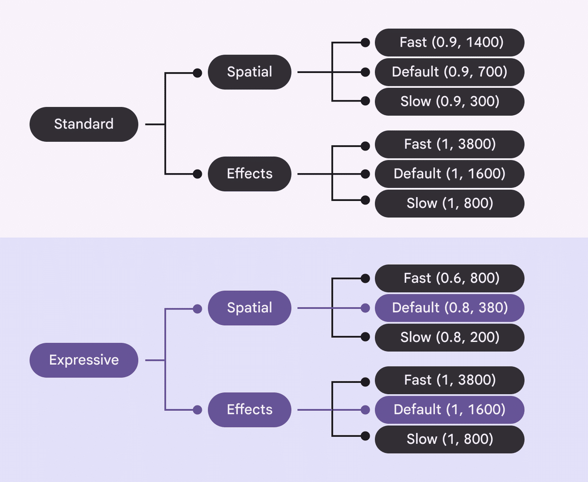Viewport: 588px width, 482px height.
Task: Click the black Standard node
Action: (84, 124)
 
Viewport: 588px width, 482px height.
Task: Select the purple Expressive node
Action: (84, 360)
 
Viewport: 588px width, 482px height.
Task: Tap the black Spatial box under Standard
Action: (249, 72)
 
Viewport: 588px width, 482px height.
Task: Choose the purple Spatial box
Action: (249, 308)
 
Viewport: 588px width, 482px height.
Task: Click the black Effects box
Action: (249, 174)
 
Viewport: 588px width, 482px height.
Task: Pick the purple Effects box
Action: (249, 409)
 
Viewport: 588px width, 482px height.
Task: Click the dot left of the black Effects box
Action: (197, 174)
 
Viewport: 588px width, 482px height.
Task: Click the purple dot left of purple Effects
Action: (197, 409)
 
